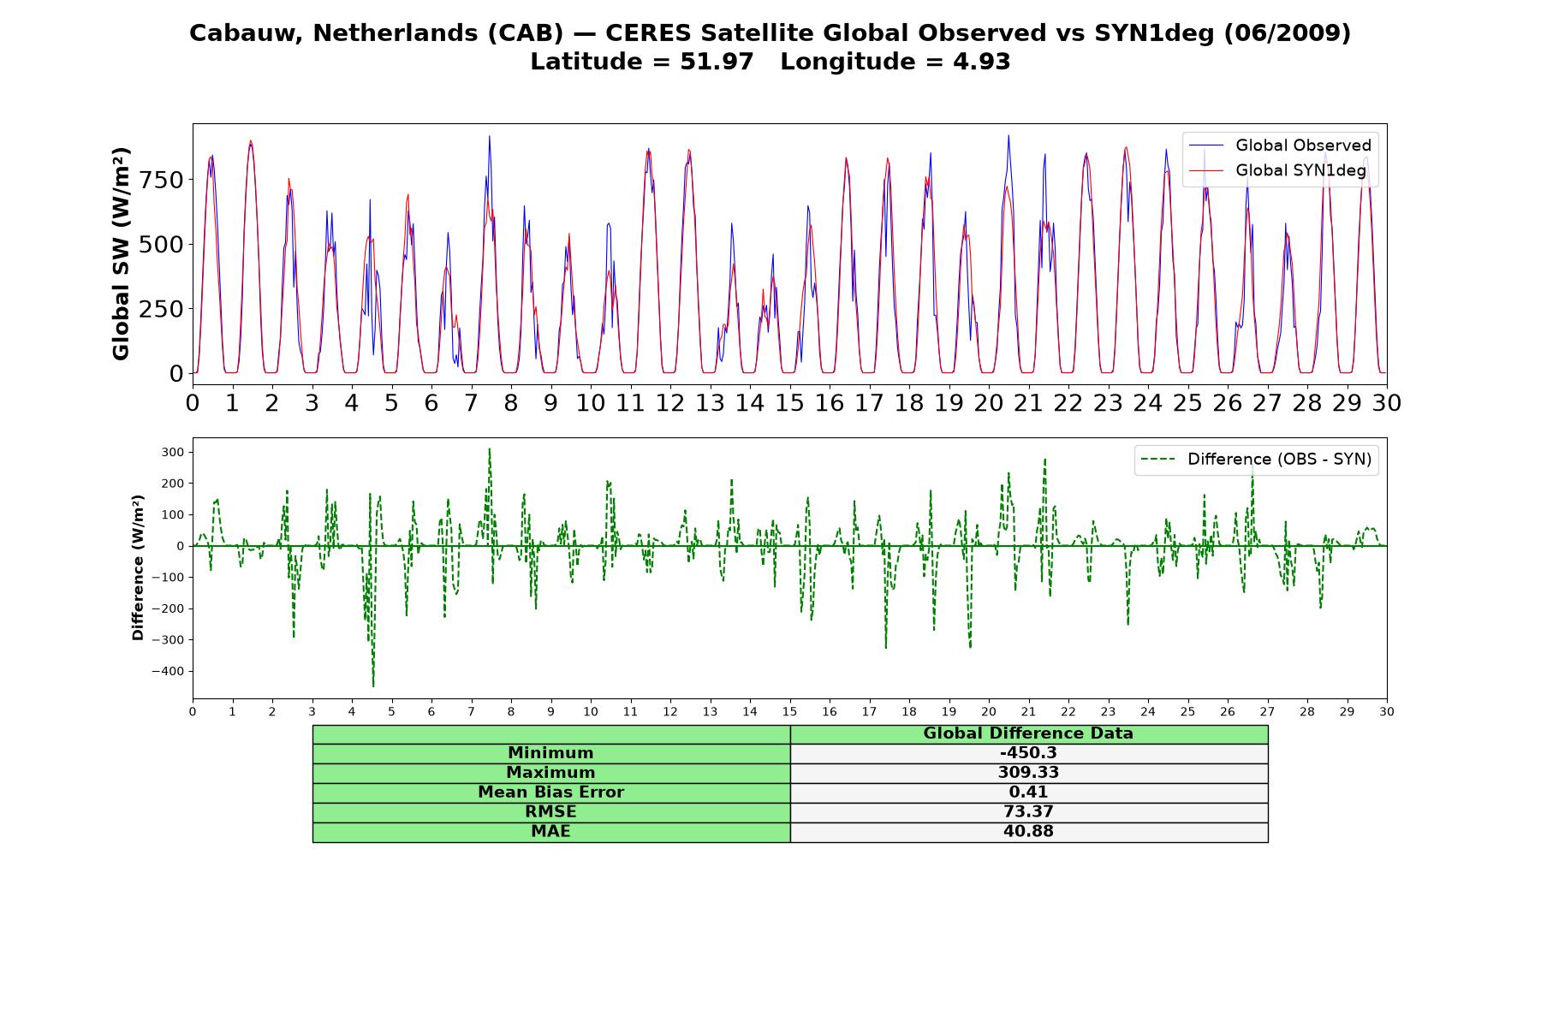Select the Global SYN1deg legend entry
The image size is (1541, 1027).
(x=1277, y=170)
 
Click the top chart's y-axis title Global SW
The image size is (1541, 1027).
(x=121, y=254)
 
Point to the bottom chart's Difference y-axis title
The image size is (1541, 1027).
(x=138, y=567)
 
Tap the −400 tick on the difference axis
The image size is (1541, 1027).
(x=169, y=671)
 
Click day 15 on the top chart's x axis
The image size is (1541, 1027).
(x=789, y=403)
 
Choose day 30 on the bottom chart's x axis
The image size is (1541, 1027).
(x=1386, y=711)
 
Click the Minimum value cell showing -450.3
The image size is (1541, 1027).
(x=1028, y=753)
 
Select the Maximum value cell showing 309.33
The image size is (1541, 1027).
(x=1028, y=773)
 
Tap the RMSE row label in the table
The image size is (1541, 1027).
(x=550, y=812)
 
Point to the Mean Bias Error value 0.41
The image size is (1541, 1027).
(x=1028, y=793)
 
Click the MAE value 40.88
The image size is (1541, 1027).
(x=1028, y=832)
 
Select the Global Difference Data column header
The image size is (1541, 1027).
(x=1028, y=733)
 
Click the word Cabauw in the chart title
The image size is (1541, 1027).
(x=246, y=33)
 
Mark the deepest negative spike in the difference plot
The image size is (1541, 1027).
(x=373, y=686)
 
